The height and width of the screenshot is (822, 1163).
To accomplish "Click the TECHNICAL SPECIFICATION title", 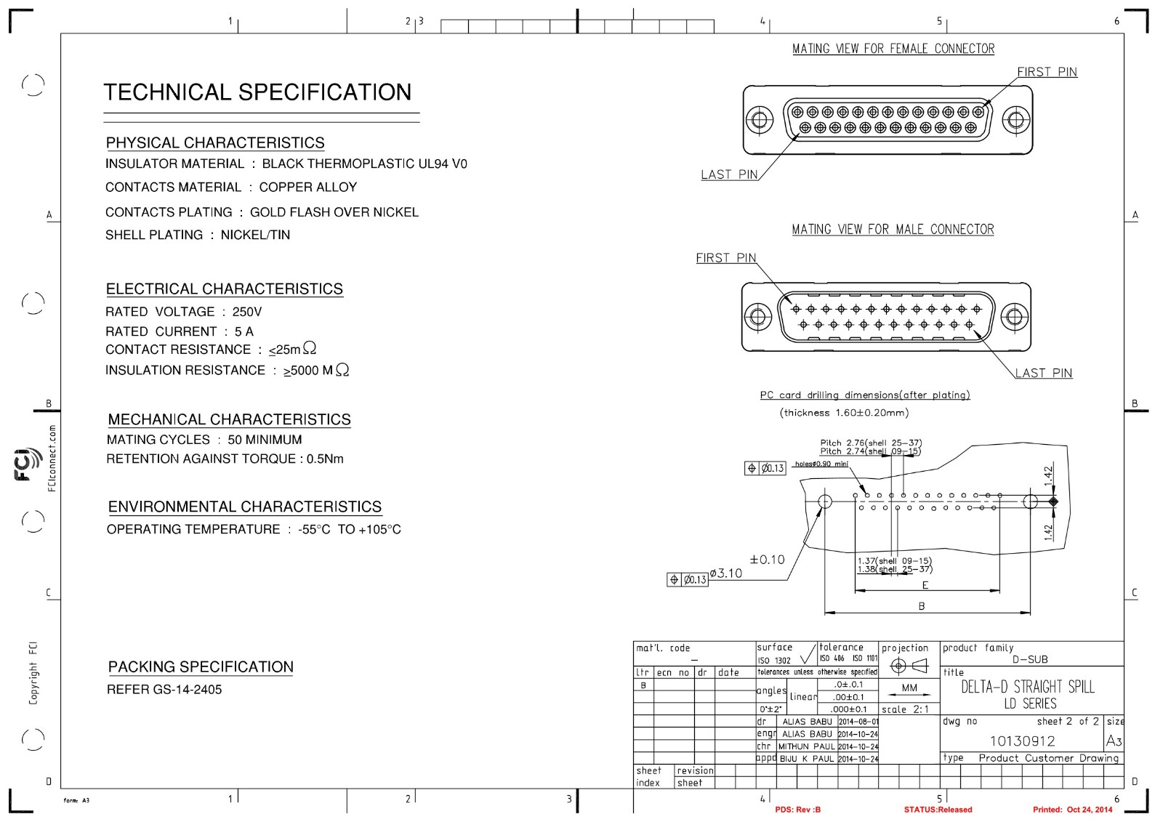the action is (257, 92).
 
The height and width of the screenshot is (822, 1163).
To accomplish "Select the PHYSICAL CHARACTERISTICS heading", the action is (215, 142).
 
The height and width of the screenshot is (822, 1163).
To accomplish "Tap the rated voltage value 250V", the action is (247, 312).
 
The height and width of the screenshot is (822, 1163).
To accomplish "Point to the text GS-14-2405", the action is (187, 690).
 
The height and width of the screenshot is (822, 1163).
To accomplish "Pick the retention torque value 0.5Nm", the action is (325, 459).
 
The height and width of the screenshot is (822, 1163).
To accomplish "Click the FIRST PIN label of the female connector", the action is (1047, 72).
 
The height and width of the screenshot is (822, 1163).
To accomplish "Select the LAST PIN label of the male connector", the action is (1044, 373).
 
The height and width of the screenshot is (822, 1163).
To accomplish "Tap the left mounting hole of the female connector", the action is (759, 120).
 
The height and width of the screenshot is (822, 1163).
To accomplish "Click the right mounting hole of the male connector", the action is (1015, 317).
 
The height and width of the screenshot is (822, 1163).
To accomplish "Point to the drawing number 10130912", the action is (1022, 741).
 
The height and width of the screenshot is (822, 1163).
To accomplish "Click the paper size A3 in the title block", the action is (1114, 741).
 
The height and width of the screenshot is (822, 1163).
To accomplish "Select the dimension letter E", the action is (925, 585).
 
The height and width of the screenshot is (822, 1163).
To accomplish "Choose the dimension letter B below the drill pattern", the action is (922, 606).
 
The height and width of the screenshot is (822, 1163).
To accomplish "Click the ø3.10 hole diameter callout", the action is (726, 573).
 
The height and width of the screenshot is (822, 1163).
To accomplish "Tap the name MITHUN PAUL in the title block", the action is (806, 746).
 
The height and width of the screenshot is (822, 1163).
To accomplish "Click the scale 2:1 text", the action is (905, 709).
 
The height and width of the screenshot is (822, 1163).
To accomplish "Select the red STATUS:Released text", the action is (938, 810).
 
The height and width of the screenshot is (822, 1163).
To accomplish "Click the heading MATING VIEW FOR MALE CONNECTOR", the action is (893, 230).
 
